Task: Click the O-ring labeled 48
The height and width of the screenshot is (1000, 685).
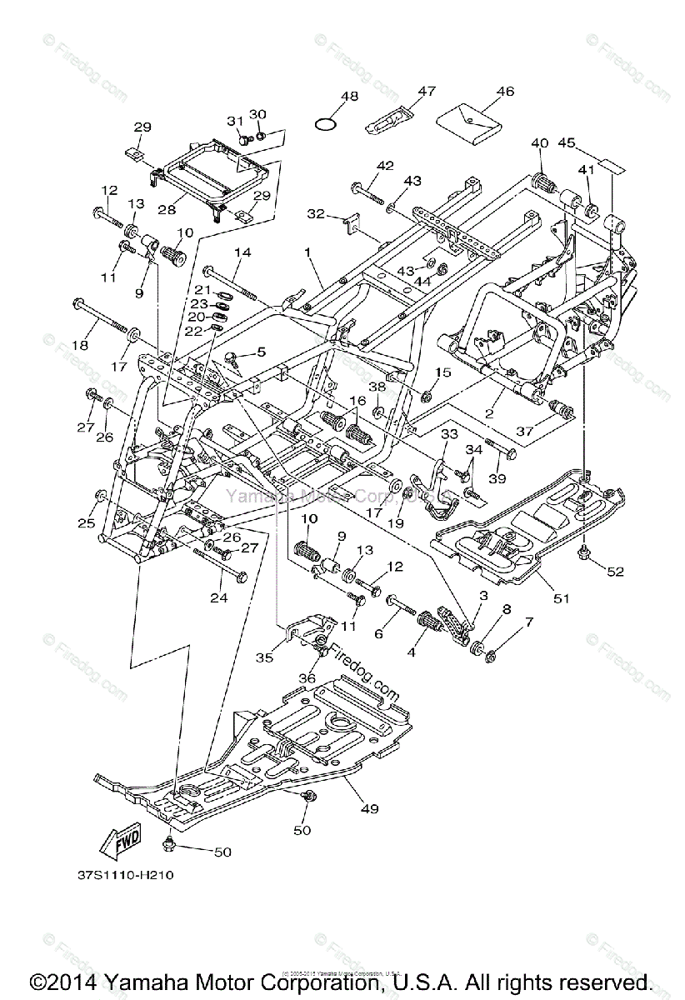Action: point(326,124)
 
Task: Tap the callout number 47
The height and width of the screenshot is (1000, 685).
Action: point(427,91)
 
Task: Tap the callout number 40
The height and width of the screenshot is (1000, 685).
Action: point(539,142)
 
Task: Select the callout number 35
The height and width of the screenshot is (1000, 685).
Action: point(264,657)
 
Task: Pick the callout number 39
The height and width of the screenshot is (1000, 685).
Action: point(497,477)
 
